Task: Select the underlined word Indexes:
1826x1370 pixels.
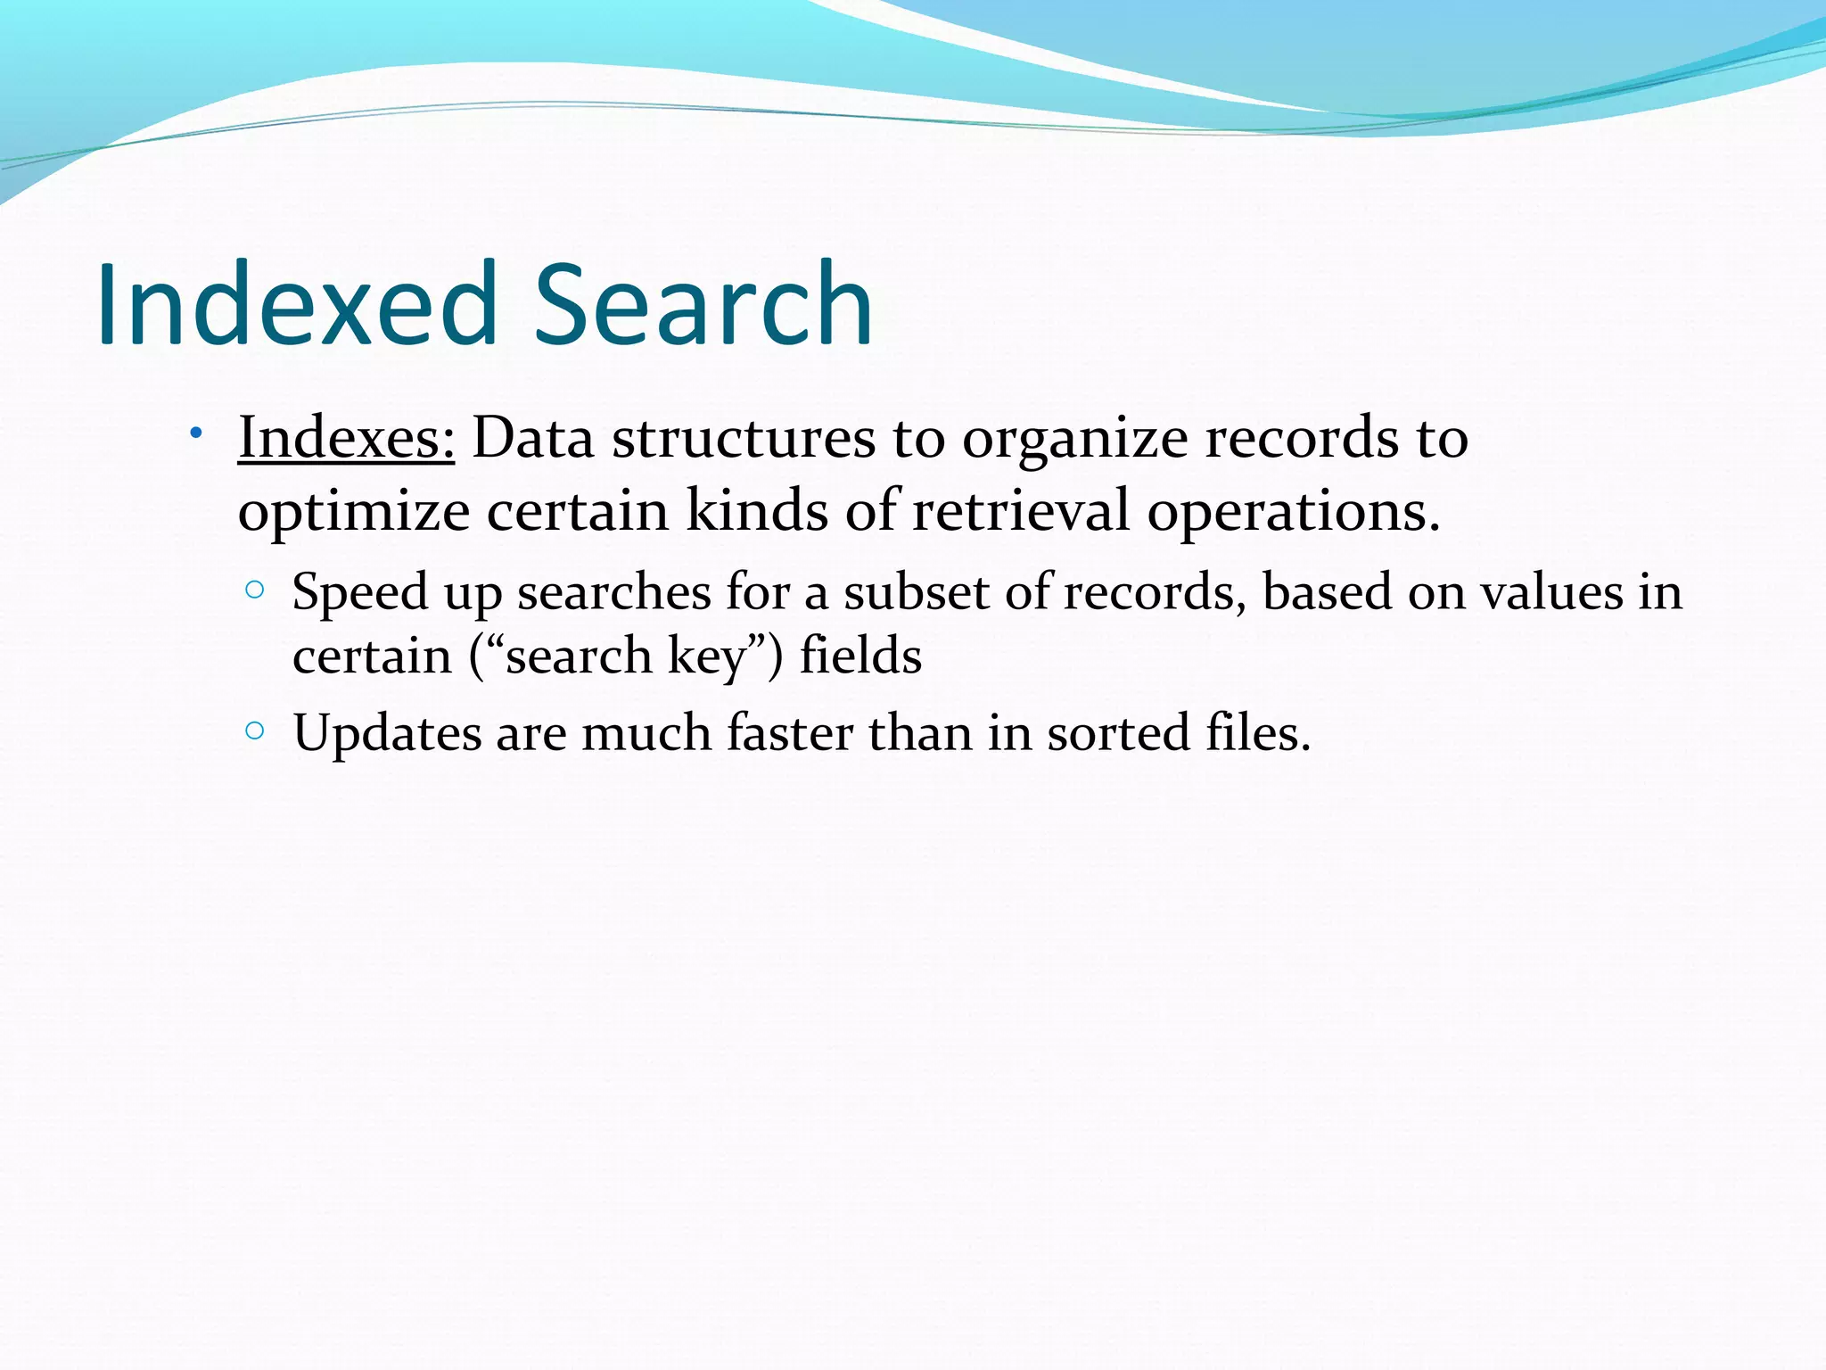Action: (x=346, y=439)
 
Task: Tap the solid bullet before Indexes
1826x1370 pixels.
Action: (x=195, y=434)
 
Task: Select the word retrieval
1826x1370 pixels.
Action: (x=1021, y=512)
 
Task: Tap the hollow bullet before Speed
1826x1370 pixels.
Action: (x=255, y=590)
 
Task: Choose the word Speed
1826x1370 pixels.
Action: (x=360, y=593)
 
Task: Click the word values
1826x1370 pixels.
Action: (x=1551, y=591)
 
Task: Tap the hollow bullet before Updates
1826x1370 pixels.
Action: (x=255, y=731)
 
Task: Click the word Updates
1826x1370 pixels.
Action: (x=387, y=735)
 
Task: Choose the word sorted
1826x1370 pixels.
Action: (x=1119, y=733)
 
